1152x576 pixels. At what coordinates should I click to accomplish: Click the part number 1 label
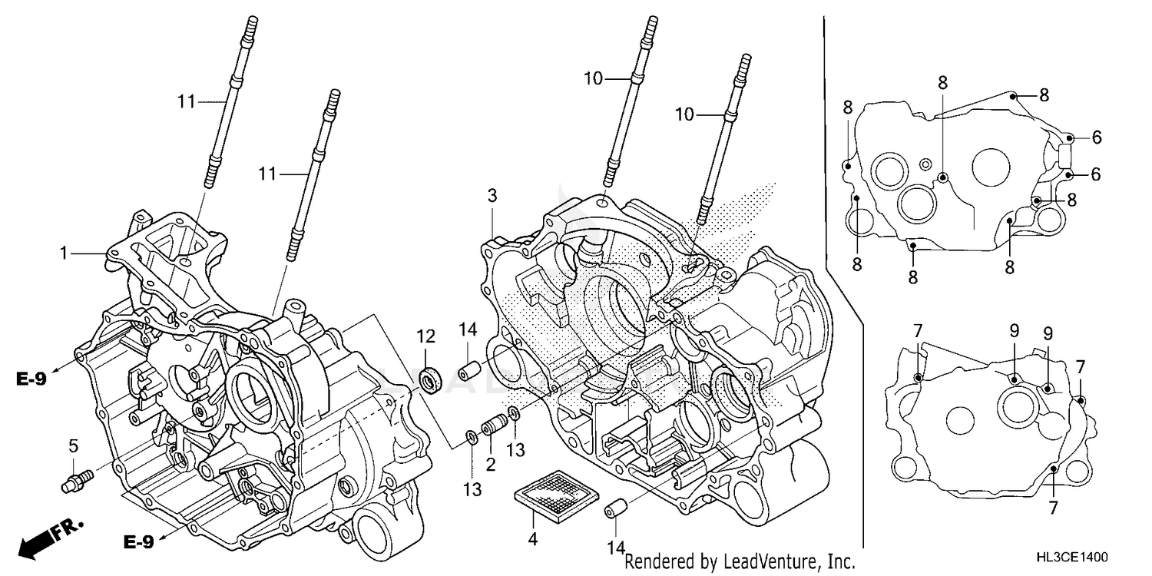click(65, 251)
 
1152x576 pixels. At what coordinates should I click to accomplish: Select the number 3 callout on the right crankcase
click(492, 196)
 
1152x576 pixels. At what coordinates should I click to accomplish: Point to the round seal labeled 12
click(431, 379)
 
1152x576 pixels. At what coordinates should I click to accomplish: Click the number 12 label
click(426, 336)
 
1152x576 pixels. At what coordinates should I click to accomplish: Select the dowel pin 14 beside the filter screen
click(614, 508)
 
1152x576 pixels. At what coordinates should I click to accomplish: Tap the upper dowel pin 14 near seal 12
click(469, 372)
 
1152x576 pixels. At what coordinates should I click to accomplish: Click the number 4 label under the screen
click(532, 539)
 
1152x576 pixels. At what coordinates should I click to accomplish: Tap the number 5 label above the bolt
click(73, 445)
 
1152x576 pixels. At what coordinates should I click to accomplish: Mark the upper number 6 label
click(1097, 137)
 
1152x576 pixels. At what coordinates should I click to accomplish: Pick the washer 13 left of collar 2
click(470, 439)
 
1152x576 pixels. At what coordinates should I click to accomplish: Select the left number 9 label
click(1014, 332)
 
